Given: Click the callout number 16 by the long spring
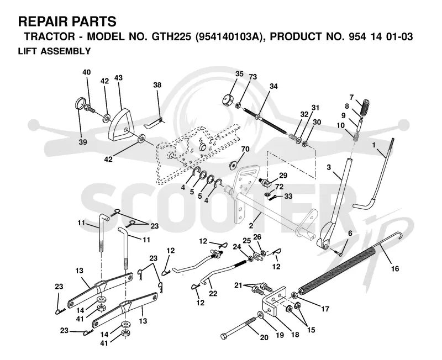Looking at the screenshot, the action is (x=395, y=269).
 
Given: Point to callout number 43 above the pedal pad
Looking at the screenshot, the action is (x=118, y=77).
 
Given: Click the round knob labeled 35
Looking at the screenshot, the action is (x=228, y=100).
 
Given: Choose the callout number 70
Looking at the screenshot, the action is (x=245, y=149).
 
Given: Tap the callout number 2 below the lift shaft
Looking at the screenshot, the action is (x=251, y=226).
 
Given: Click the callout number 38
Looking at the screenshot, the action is (x=157, y=84).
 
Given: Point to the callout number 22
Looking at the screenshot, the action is (x=213, y=293).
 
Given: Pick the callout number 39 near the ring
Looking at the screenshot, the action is (x=83, y=142).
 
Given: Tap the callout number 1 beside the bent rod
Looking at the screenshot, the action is (x=374, y=145).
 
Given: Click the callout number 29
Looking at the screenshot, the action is (x=283, y=176).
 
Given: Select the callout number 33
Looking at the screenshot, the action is (x=288, y=196).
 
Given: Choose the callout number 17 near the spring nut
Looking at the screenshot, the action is (x=325, y=309).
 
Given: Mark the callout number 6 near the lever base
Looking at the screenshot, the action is (x=350, y=233).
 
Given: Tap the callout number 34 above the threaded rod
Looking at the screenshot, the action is (x=273, y=86).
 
